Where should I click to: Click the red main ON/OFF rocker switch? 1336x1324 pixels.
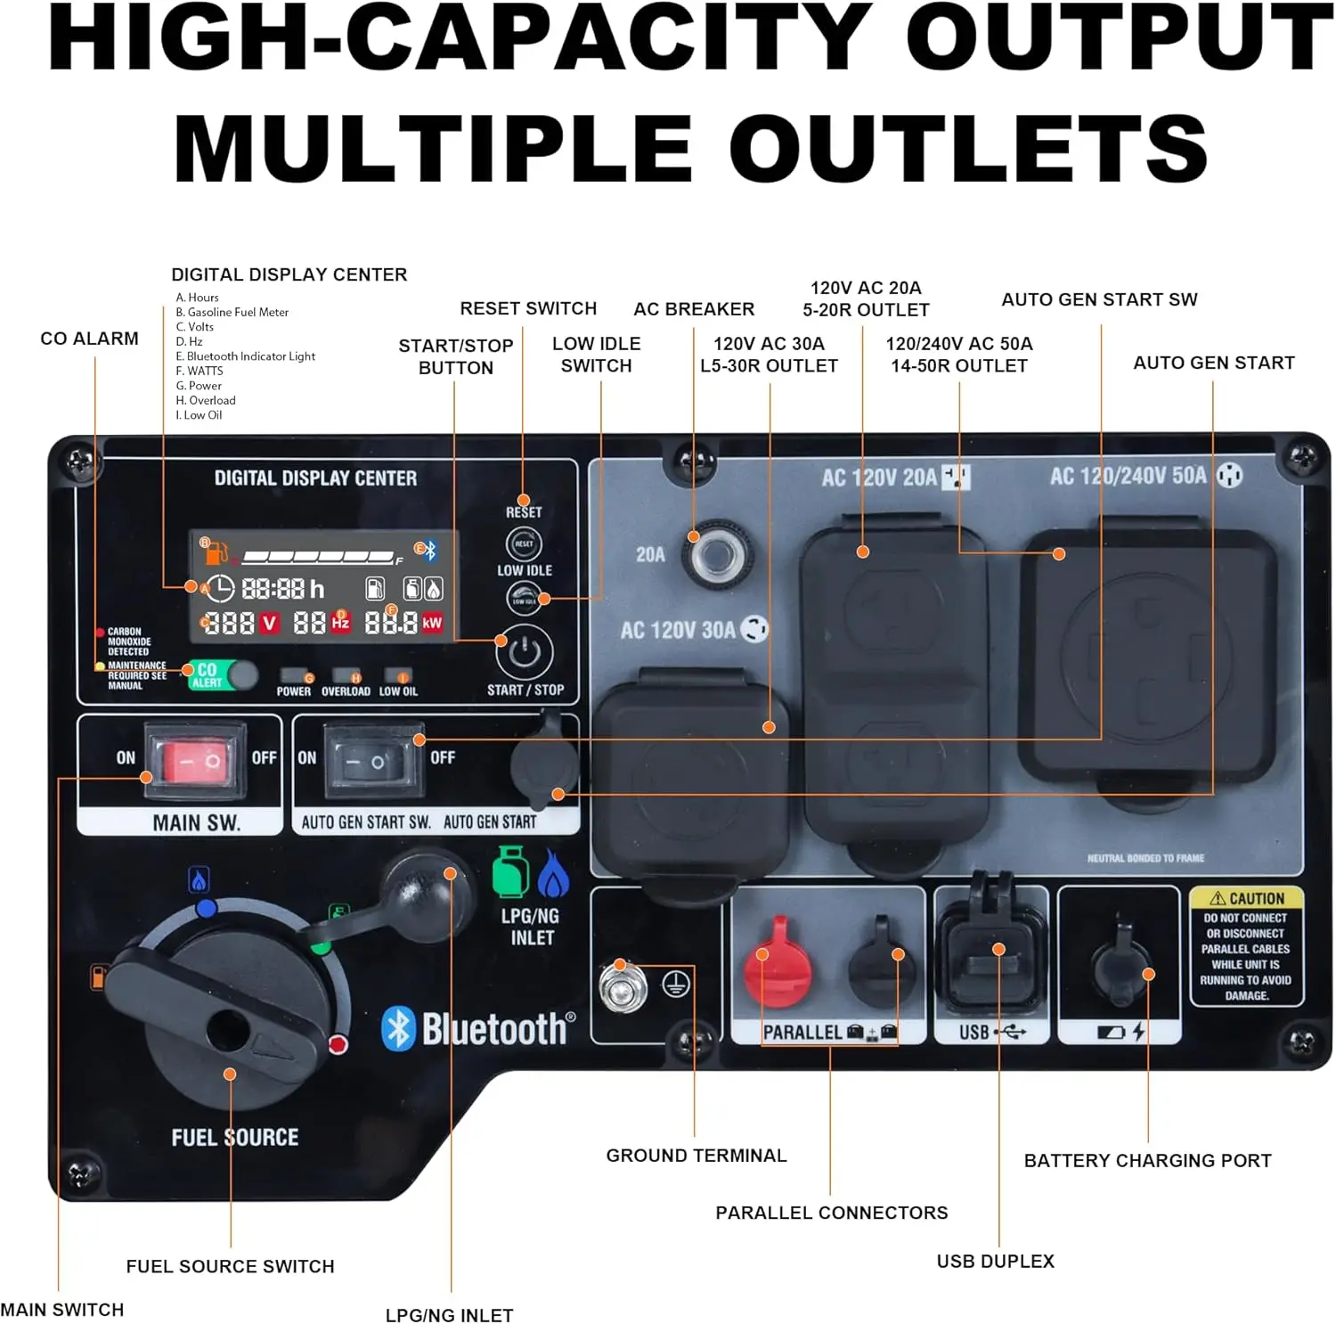coord(195,760)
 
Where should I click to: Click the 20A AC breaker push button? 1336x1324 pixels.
coord(713,556)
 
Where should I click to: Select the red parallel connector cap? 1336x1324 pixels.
coord(778,963)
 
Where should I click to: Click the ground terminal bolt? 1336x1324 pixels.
coord(623,985)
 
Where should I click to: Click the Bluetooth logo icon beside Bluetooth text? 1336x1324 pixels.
coord(398,1029)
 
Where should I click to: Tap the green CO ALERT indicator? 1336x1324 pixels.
coord(208,674)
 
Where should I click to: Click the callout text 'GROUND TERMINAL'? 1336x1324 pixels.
coord(696,1156)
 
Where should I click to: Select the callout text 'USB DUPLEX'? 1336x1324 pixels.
coord(995,1261)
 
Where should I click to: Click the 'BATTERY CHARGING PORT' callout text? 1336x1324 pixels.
coord(1147,1160)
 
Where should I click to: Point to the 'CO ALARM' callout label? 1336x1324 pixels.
coord(89,339)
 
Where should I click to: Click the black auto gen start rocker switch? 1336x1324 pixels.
coord(365,760)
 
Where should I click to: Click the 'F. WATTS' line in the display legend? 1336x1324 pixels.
coord(200,371)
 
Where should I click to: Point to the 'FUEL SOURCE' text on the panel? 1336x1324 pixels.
coord(235,1137)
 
